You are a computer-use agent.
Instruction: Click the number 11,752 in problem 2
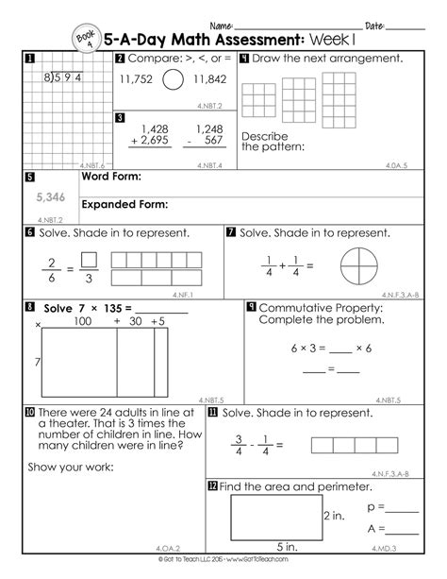coord(139,81)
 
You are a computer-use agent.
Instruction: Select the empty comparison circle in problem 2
coord(173,80)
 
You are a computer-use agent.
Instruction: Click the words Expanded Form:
coord(125,204)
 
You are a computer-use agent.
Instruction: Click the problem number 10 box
coord(30,413)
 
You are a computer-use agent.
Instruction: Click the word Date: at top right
coord(373,25)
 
